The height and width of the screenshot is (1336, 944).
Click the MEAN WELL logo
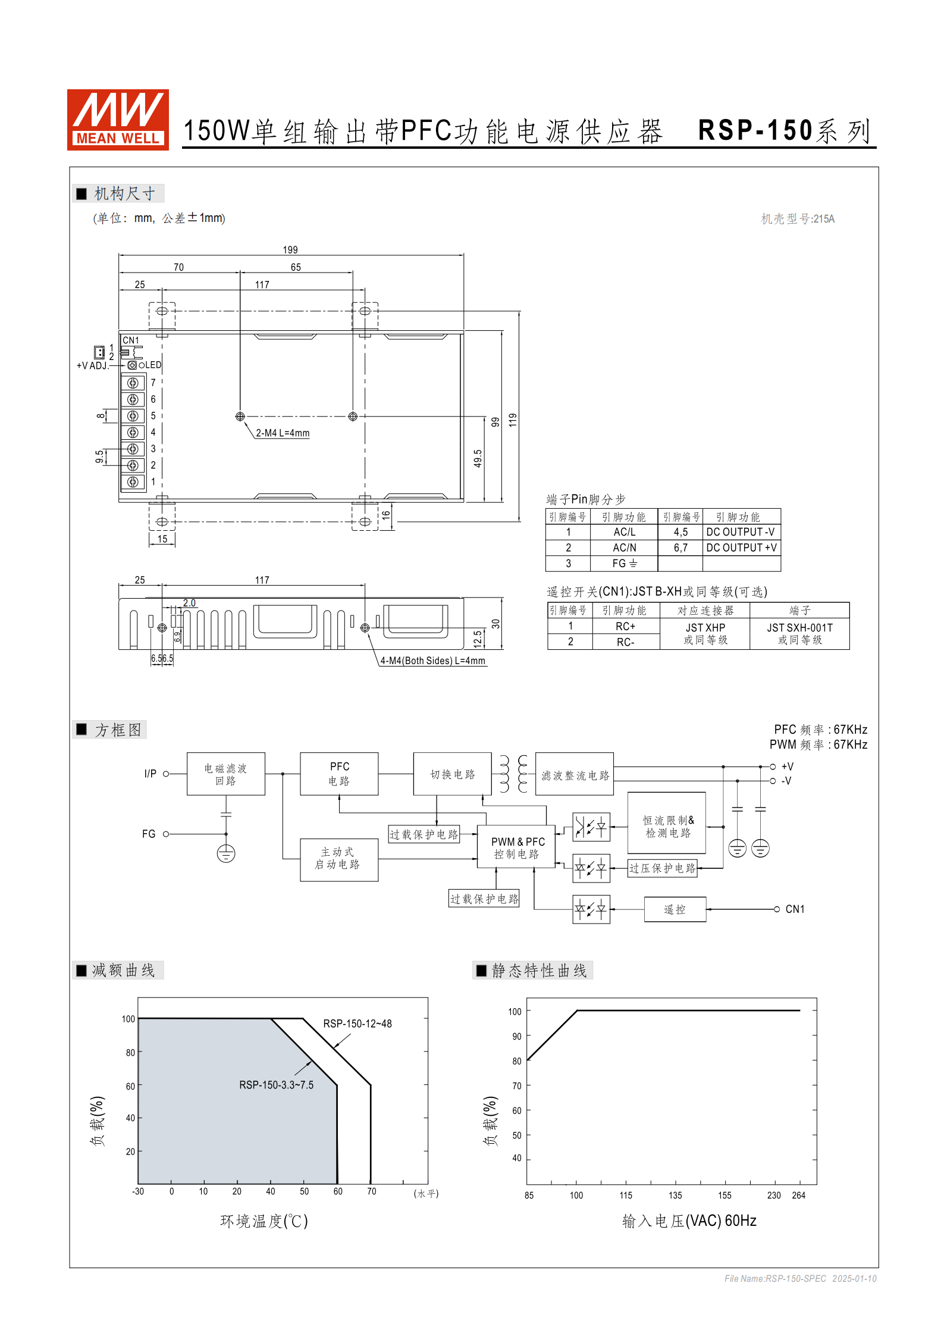pyautogui.click(x=118, y=120)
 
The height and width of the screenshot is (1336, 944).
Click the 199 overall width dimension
pyautogui.click(x=290, y=250)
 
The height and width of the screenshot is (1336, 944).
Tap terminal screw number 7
pyautogui.click(x=133, y=383)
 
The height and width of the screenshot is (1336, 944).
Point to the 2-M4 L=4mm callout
pyautogui.click(x=283, y=433)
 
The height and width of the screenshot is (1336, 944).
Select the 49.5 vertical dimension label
pyautogui.click(x=478, y=458)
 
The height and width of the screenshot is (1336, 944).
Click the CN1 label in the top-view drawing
pyautogui.click(x=131, y=340)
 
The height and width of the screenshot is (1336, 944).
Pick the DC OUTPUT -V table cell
pyautogui.click(x=741, y=532)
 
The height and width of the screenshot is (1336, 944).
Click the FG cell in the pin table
pyautogui.click(x=624, y=564)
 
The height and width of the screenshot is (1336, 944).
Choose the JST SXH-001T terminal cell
pyautogui.click(x=799, y=634)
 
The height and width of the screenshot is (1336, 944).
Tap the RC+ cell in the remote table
pyautogui.click(x=625, y=627)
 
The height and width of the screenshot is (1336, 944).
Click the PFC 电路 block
pyautogui.click(x=339, y=774)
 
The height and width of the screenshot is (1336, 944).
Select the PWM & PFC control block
pyautogui.click(x=516, y=847)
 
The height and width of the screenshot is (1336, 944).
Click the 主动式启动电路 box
pyautogui.click(x=338, y=859)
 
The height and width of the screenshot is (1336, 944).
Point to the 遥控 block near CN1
pyautogui.click(x=675, y=909)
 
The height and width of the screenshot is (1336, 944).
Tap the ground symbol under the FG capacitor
pyautogui.click(x=226, y=853)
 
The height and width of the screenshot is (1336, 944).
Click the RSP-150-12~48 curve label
pyautogui.click(x=357, y=1024)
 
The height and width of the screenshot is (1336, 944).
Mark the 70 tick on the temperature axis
pyautogui.click(x=371, y=1191)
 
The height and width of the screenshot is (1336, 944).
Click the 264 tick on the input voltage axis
pyautogui.click(x=798, y=1195)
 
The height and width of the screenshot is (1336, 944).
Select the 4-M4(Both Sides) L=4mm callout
pyautogui.click(x=432, y=661)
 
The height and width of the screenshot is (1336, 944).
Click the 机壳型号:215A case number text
pyautogui.click(x=797, y=219)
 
